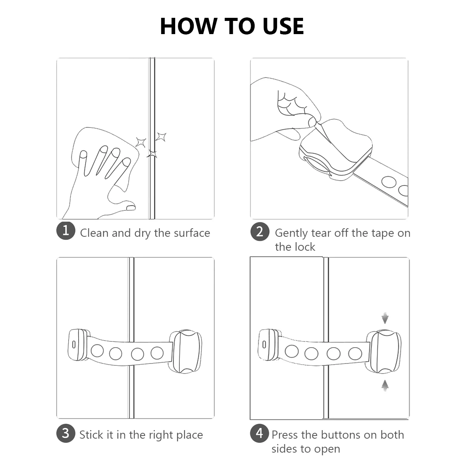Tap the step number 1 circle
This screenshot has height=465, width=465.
(x=65, y=231)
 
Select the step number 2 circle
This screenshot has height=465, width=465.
(x=260, y=232)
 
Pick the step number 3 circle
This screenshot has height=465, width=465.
(x=65, y=433)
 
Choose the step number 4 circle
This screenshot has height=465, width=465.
(x=260, y=433)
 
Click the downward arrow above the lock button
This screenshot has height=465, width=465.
(x=385, y=318)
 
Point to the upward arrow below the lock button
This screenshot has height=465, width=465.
(x=385, y=386)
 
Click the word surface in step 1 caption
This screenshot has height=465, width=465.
(x=192, y=233)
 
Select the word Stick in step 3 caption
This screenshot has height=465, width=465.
(x=91, y=435)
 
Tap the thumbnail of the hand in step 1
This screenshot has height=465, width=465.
(x=131, y=207)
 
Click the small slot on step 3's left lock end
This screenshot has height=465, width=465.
(x=74, y=344)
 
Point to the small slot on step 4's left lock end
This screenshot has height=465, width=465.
(x=264, y=344)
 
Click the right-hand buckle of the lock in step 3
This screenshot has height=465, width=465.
(x=186, y=351)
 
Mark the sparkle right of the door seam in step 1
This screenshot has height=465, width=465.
(x=161, y=137)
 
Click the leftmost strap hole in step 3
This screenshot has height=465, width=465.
(x=97, y=351)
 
